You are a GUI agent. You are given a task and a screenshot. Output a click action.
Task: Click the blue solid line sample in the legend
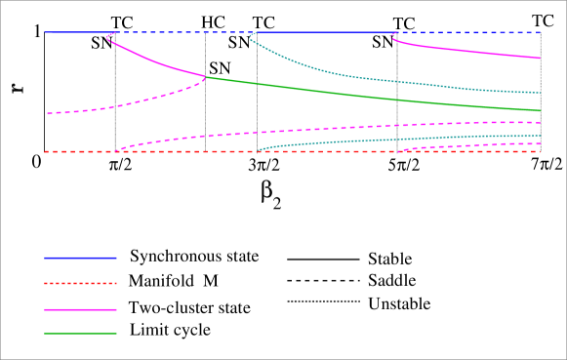[80, 258]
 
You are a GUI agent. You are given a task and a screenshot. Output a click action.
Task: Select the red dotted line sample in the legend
[80, 283]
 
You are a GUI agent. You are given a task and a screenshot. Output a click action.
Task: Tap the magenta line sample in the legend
[80, 309]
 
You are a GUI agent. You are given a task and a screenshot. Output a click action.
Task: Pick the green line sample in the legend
[80, 334]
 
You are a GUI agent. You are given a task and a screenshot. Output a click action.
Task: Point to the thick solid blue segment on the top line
[322, 32]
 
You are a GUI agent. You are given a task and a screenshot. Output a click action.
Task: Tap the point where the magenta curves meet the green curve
[205, 77]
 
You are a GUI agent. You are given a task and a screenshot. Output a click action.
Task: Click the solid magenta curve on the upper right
[468, 51]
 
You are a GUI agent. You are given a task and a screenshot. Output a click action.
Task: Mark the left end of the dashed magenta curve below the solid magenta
[47, 114]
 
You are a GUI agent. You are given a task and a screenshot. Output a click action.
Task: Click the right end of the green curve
[540, 110]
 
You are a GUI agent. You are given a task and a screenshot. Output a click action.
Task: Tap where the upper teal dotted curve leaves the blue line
[252, 34]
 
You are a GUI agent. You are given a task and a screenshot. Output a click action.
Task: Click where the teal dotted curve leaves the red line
[258, 151]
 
